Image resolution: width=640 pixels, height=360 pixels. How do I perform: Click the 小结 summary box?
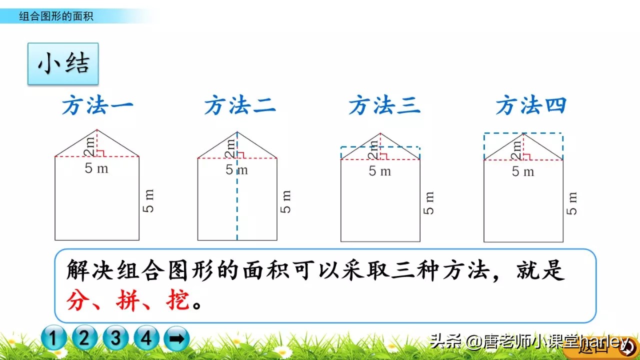[x=63, y=64]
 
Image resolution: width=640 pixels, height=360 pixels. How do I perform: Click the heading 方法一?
[x=97, y=106]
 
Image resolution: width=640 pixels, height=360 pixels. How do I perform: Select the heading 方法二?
[x=240, y=106]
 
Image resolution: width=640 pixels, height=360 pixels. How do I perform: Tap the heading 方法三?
[x=384, y=106]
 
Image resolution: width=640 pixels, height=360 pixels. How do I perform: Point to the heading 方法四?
[x=531, y=106]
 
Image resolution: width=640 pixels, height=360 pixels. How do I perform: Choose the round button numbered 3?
[x=116, y=339]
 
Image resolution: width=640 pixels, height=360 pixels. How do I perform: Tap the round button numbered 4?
[x=146, y=339]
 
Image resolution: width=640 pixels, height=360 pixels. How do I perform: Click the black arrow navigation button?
[x=176, y=339]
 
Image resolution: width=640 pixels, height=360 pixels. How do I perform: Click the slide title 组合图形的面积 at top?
[x=56, y=16]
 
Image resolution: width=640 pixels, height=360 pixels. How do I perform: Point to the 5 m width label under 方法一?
[x=96, y=168]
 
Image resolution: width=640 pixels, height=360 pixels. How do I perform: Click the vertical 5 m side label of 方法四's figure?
[x=572, y=203]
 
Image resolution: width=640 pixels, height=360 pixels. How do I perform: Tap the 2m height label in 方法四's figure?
[x=516, y=148]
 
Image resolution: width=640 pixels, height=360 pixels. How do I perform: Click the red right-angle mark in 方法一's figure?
[x=100, y=153]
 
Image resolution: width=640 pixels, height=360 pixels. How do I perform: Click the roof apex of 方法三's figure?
[x=380, y=133]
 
